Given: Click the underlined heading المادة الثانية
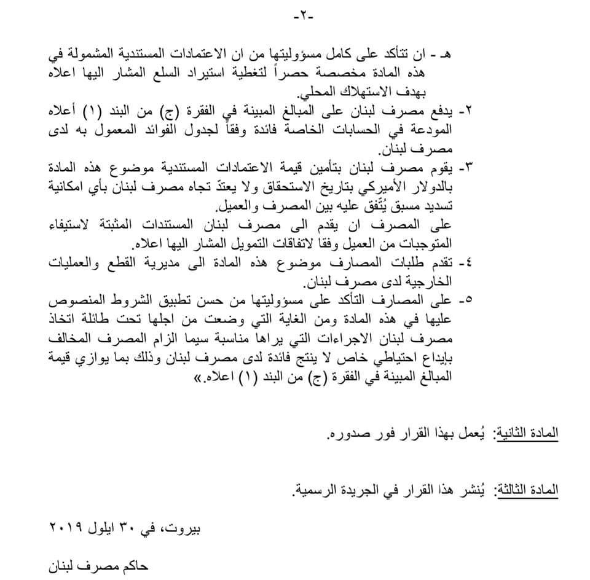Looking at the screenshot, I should pos(528,433).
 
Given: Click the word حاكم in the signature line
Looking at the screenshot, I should pos(130,564).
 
